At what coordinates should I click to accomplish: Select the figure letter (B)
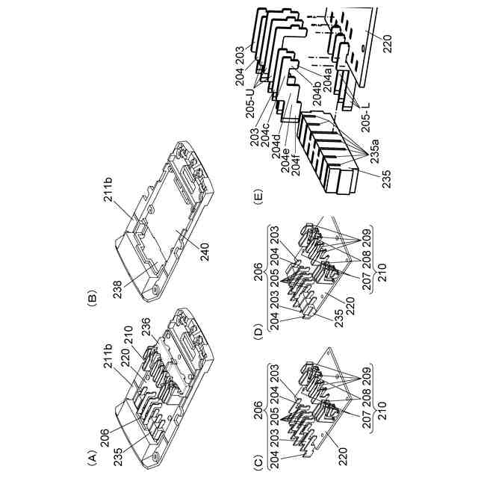91,295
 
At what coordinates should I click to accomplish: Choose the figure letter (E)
258,197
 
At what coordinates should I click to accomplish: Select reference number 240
204,251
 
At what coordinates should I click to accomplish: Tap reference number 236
146,328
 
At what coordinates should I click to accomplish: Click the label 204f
295,164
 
